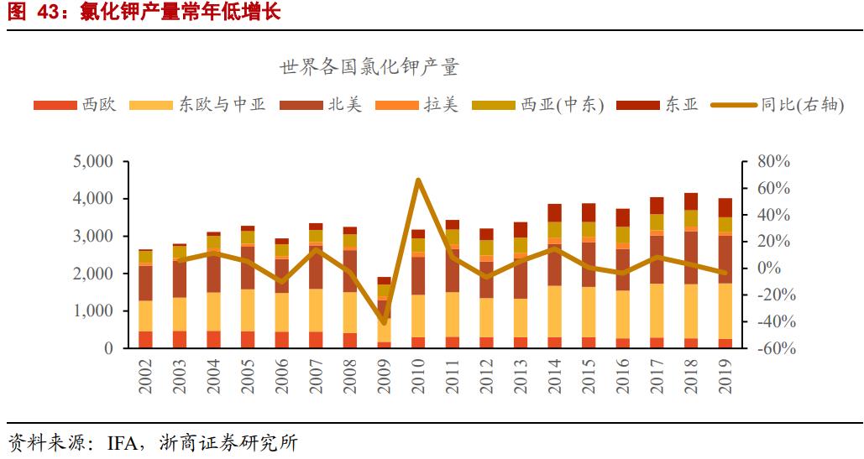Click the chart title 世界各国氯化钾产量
pyautogui.click(x=369, y=68)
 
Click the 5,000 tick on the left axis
pyautogui.click(x=92, y=162)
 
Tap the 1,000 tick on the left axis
pyautogui.click(x=92, y=311)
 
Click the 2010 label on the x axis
pyautogui.click(x=418, y=375)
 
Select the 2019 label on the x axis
pyautogui.click(x=725, y=375)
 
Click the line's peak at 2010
pyautogui.click(x=418, y=180)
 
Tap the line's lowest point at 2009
pyautogui.click(x=384, y=322)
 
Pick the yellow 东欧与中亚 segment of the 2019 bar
pyautogui.click(x=725, y=311)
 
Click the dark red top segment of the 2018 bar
pyautogui.click(x=691, y=201)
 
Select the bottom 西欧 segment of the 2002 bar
pyautogui.click(x=145, y=340)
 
